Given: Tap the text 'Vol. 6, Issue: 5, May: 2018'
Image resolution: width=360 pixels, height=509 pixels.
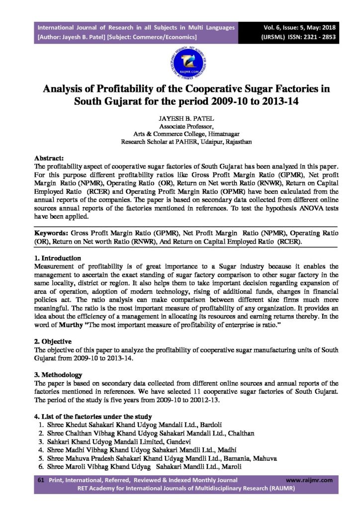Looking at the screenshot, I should pyautogui.click(x=297, y=28).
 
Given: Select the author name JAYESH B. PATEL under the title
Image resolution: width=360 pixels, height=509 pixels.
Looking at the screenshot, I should pyautogui.click(x=180, y=119).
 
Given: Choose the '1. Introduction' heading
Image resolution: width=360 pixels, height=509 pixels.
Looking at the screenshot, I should pyautogui.click(x=57, y=258).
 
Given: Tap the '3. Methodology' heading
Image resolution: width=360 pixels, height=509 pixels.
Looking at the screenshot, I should pyautogui.click(x=58, y=374).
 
